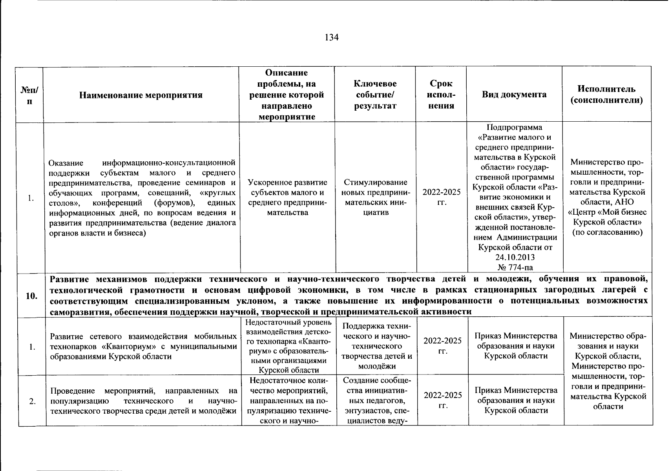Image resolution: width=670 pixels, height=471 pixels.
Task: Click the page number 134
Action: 332,38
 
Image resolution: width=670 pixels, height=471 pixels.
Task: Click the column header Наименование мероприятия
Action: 141,95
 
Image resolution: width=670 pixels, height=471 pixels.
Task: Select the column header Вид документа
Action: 514,95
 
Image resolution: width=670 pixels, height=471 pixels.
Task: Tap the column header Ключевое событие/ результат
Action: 375,95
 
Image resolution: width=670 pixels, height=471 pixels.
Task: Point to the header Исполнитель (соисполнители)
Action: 606,95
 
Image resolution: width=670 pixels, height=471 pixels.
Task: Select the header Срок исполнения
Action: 441,95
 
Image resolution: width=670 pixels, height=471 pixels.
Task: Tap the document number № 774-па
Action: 515,267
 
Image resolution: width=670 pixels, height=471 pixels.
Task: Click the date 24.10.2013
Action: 515,257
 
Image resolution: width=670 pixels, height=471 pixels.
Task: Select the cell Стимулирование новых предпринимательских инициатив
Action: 376,197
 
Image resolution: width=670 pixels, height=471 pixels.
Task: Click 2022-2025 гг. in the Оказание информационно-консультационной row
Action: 442,197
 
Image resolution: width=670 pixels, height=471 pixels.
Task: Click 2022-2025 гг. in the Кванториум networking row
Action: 442,346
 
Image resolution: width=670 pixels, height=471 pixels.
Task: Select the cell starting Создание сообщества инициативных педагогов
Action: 376,401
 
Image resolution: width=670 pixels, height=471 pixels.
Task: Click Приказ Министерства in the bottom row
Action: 516,391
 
